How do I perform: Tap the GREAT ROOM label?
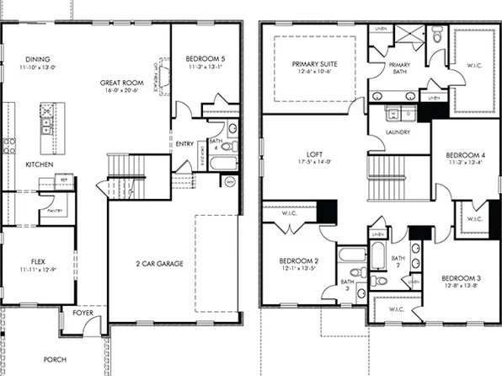point(119,83)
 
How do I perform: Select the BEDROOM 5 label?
point(205,58)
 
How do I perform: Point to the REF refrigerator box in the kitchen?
point(64,180)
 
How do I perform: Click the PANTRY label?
point(56,211)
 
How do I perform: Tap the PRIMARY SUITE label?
point(313,64)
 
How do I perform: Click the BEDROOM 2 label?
point(298,261)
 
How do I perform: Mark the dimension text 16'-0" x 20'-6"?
point(119,91)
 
